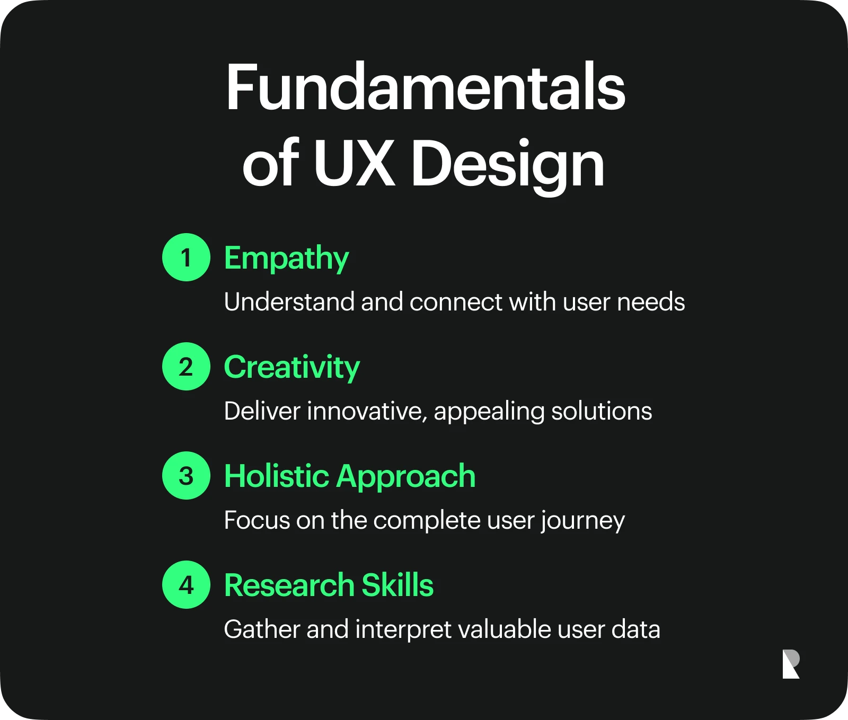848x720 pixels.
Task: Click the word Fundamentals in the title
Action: [426, 87]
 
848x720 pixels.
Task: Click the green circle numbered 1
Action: [187, 257]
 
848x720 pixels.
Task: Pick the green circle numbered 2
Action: [187, 366]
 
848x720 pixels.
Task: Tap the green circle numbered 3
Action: [187, 475]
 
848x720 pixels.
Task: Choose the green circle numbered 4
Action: [187, 584]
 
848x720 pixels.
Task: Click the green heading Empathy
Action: [286, 259]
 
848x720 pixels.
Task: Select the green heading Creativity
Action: [292, 367]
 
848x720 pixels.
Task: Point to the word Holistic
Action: [277, 476]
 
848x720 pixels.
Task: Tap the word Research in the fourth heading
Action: [289, 585]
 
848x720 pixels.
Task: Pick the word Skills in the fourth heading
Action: [397, 585]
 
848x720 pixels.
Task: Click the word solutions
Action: [602, 411]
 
